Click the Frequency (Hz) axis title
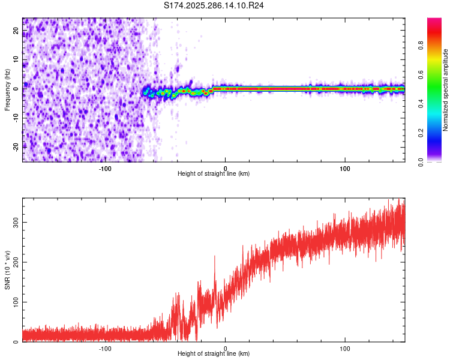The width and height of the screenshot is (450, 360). point(7,89)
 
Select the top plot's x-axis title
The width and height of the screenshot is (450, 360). point(214,174)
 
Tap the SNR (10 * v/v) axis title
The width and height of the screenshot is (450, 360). point(7,270)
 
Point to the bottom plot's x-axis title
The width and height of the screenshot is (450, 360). point(214,354)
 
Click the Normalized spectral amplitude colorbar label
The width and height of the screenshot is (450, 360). point(446,90)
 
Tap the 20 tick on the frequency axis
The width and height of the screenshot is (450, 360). point(16,32)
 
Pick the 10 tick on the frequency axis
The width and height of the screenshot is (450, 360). point(16,60)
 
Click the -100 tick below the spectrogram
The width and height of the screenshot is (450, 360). point(105,168)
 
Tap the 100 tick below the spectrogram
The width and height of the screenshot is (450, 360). point(345,168)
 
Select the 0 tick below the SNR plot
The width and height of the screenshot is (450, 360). point(226,348)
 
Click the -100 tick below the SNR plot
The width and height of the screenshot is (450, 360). point(105,348)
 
